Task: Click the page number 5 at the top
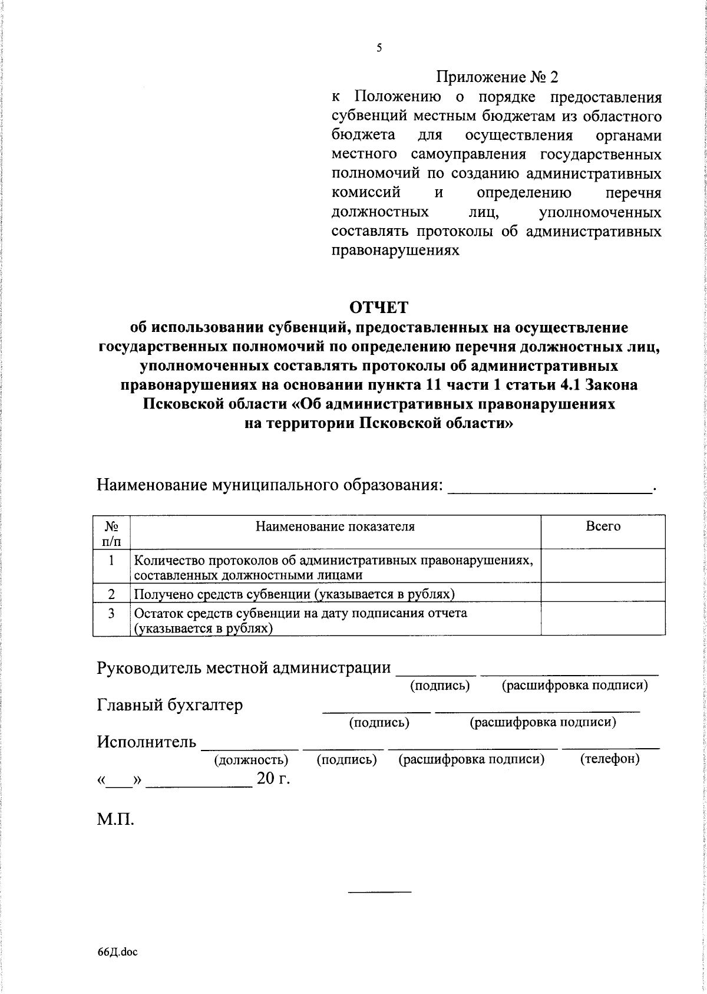379,48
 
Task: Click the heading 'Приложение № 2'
496,77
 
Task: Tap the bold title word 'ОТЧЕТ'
379,308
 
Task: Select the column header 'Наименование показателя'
335,526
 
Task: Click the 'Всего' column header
603,526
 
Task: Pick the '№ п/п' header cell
111,532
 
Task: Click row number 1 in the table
111,560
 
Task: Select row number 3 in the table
111,613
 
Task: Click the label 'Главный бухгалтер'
170,705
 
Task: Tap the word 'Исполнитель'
147,742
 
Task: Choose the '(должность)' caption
251,760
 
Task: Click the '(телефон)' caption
610,759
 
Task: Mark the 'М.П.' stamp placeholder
115,819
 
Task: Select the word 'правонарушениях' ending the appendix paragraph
395,251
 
